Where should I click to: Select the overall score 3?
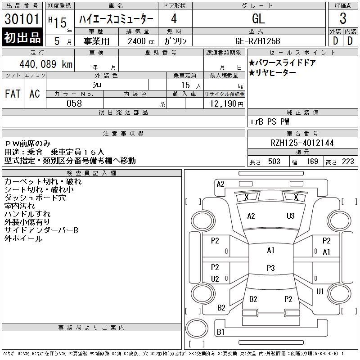pyautogui.click(x=343, y=19)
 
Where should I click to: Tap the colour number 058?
pyautogui.click(x=74, y=103)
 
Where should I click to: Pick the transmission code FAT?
pyautogui.click(x=13, y=94)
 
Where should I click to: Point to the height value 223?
pyautogui.click(x=348, y=162)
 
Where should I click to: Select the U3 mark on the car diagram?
pyautogui.click(x=290, y=216)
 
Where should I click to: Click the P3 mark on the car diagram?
pyautogui.click(x=270, y=268)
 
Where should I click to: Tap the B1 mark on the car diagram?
pyautogui.click(x=220, y=332)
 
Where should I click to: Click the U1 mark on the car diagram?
pyautogui.click(x=320, y=292)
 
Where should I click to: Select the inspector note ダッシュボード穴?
pyautogui.click(x=35, y=198)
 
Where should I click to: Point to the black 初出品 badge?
pyautogui.click(x=22, y=38)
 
